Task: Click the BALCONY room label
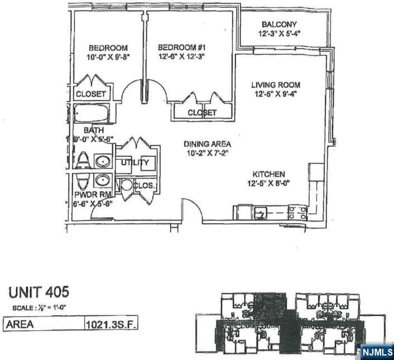point(279,25)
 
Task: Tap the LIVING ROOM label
point(276,85)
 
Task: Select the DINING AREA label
point(207,144)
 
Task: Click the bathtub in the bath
point(92,114)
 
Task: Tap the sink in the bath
point(102,162)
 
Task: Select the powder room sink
point(102,180)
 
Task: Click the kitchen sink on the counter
point(261,212)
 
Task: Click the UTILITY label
point(136,162)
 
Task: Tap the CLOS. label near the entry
point(144,185)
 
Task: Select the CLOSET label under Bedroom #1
point(201,113)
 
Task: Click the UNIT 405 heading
point(39,292)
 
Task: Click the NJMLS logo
point(376,352)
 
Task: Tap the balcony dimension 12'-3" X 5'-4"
point(279,34)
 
